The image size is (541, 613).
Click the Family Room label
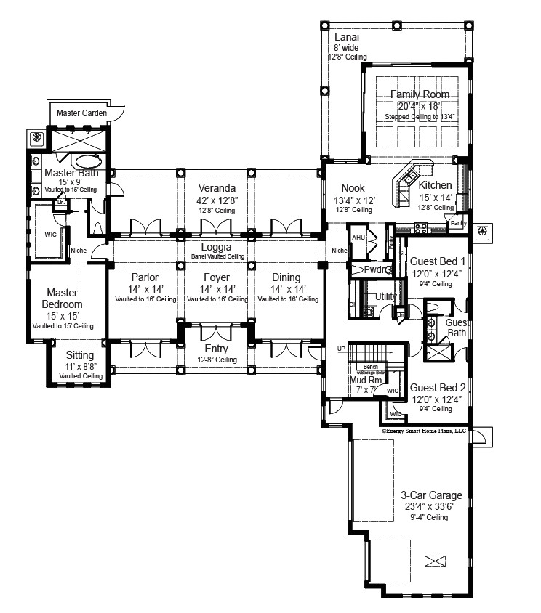point(420,94)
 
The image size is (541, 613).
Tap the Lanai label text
point(346,37)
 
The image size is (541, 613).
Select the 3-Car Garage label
point(426,495)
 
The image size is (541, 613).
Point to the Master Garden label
point(82,113)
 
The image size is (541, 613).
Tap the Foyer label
point(216,277)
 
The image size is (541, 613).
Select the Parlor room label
point(145,277)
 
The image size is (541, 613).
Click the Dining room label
point(286,277)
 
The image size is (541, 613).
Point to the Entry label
point(216,349)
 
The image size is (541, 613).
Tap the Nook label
point(346,187)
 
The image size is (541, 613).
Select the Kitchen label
point(435,185)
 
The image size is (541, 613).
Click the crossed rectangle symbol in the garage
point(435,560)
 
